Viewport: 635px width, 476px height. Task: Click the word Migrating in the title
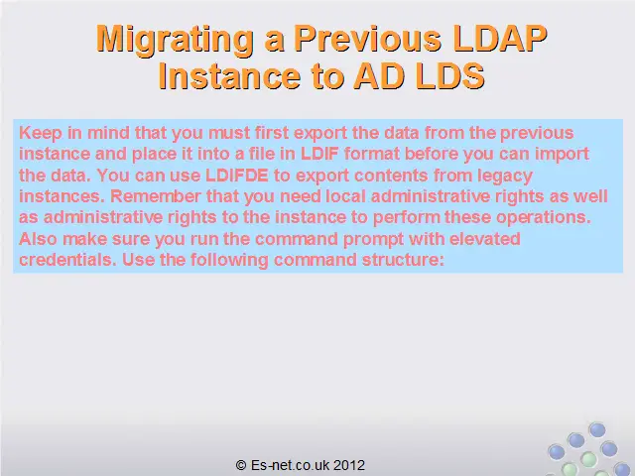coord(176,40)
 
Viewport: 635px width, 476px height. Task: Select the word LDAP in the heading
coord(500,39)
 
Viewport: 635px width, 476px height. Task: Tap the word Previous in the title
coord(367,39)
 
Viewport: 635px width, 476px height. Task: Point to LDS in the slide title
coord(449,75)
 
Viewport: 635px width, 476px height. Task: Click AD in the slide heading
coord(379,75)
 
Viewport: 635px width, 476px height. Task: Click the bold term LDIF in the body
coord(319,154)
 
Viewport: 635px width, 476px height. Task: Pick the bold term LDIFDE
coord(237,176)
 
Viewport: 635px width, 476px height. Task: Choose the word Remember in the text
coord(156,196)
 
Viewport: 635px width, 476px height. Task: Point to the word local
coord(346,196)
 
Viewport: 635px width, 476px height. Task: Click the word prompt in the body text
coord(373,240)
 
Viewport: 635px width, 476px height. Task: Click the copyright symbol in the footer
coord(241,465)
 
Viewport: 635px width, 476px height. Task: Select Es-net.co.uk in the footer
coord(290,465)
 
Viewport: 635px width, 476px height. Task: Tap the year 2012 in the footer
coord(349,465)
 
